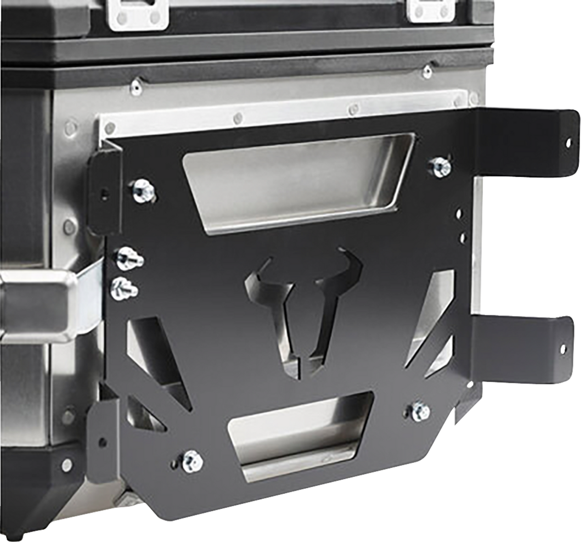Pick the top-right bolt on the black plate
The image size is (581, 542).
[x=439, y=166]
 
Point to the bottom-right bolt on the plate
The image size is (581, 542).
[x=420, y=410]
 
